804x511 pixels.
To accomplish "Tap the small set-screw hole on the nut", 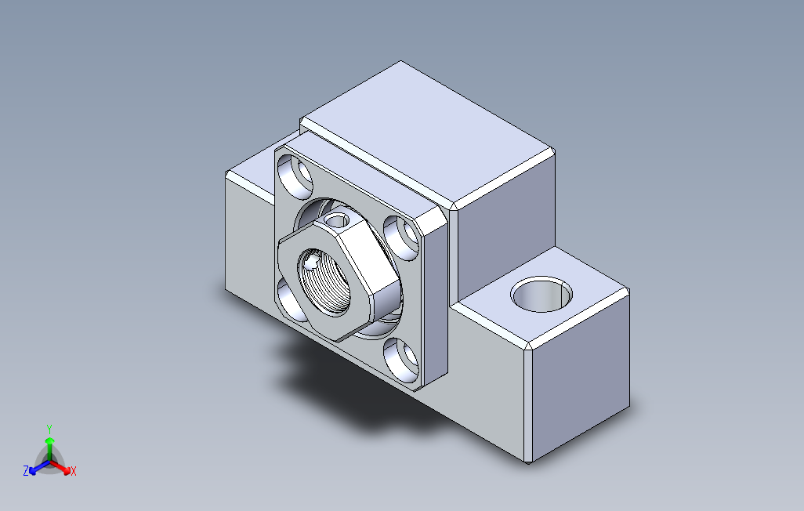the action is (x=338, y=220).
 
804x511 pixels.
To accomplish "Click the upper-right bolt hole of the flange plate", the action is (x=401, y=237).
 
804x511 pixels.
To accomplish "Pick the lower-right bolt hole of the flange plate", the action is (x=401, y=360).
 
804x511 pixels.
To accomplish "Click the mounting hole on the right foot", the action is (x=541, y=295).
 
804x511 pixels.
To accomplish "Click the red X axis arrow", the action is (x=60, y=467).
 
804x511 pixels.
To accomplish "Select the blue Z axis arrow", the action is (x=39, y=467).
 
